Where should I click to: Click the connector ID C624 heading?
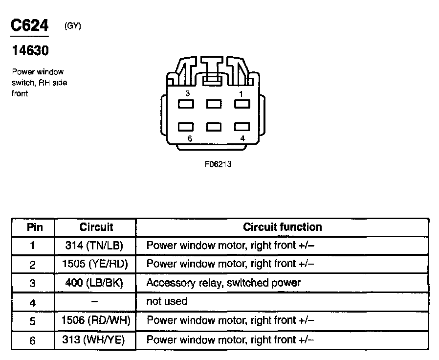(x=30, y=25)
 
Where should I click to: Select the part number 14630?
(x=30, y=50)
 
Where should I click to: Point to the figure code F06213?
(x=218, y=164)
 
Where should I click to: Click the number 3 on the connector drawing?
(x=187, y=93)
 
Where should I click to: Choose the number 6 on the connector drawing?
(x=190, y=138)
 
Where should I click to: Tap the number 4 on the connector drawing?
(x=242, y=138)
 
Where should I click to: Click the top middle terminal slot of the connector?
(x=214, y=104)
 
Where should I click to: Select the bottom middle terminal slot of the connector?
(x=214, y=127)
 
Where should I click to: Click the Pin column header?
(x=34, y=227)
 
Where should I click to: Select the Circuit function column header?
(x=283, y=227)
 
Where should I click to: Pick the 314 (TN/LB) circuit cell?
(x=94, y=245)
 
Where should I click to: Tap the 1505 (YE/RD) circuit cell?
(x=94, y=264)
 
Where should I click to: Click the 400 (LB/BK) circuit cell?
(x=94, y=283)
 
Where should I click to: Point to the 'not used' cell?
(x=167, y=301)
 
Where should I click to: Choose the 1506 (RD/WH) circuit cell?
(x=94, y=320)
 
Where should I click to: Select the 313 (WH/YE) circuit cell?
(x=94, y=339)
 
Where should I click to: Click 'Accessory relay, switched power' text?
(x=223, y=283)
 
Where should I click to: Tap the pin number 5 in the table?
(x=33, y=321)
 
